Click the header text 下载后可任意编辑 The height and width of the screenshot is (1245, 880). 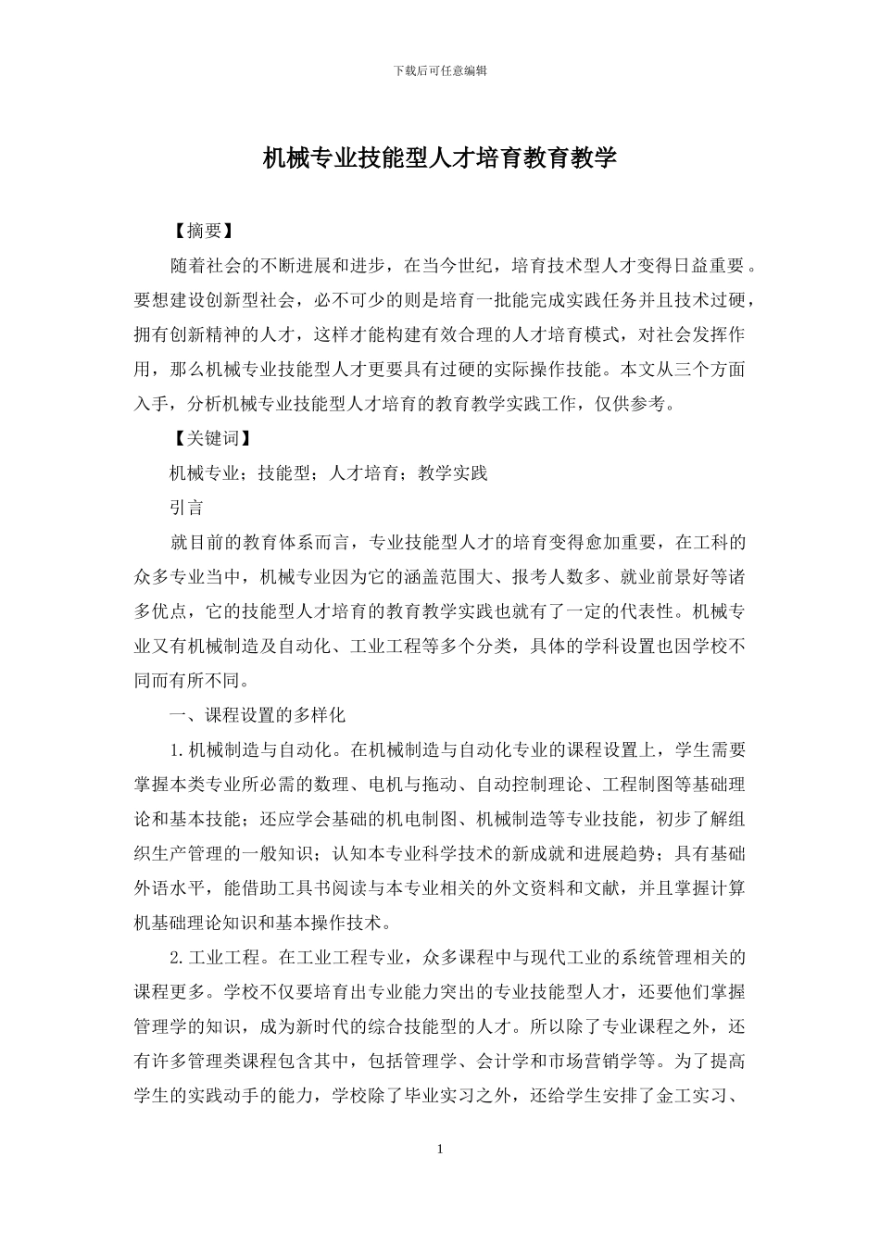(x=440, y=70)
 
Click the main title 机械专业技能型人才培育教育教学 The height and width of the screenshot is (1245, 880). (x=440, y=158)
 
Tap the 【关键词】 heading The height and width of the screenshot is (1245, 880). (x=212, y=438)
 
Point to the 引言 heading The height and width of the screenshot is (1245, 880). (x=186, y=508)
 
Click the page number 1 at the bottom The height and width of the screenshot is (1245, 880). (x=440, y=1150)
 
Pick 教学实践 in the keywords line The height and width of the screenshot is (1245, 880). (x=452, y=473)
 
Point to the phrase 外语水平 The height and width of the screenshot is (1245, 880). (x=169, y=888)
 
